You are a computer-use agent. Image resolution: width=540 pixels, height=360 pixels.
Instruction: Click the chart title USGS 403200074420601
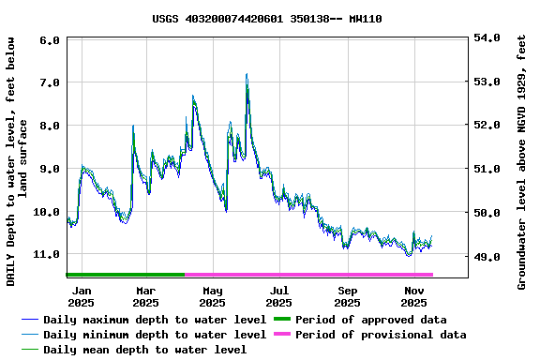click(x=266, y=19)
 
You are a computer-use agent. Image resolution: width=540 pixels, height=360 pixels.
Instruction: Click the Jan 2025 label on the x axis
click(x=81, y=296)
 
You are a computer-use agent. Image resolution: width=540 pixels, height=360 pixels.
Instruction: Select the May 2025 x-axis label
click(x=212, y=296)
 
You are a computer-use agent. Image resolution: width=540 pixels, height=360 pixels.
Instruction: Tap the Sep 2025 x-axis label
click(x=347, y=296)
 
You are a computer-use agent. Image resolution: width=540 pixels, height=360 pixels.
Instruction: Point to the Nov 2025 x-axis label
click(x=413, y=296)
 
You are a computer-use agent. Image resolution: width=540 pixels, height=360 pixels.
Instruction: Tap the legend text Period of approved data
click(x=370, y=320)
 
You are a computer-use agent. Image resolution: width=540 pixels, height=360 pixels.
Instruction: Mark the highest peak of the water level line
click(x=247, y=74)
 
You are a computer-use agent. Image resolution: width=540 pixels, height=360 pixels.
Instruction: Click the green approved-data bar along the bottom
click(x=126, y=275)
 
